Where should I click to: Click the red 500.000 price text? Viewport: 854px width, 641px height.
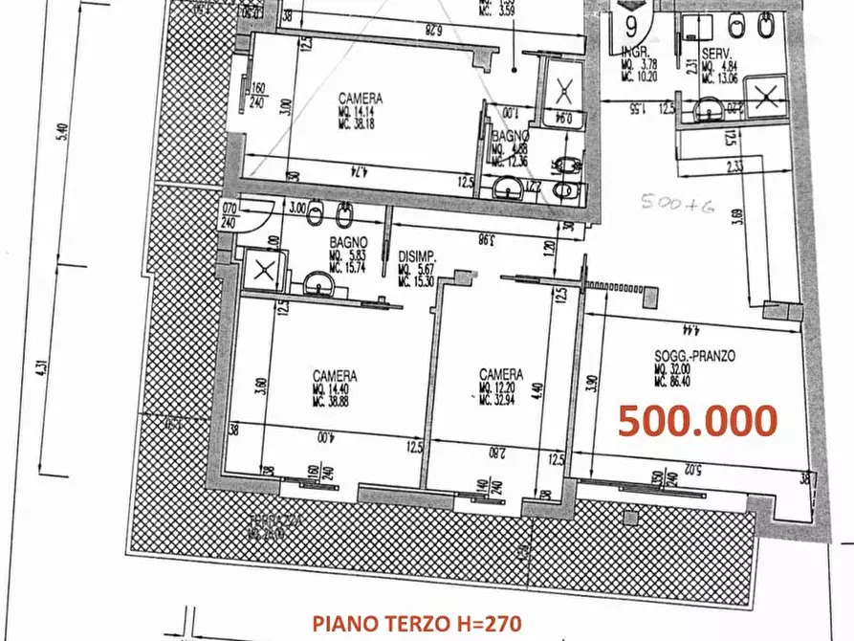[696, 420]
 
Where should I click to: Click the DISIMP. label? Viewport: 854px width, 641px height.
[417, 256]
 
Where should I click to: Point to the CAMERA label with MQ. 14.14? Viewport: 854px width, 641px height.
[361, 98]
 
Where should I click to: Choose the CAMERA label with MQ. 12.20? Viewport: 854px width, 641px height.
[501, 374]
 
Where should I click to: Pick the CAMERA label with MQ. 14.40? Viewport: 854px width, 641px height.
[335, 375]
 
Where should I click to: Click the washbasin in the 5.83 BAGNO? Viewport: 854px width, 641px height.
[316, 283]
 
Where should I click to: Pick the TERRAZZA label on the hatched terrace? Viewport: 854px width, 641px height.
[270, 521]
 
